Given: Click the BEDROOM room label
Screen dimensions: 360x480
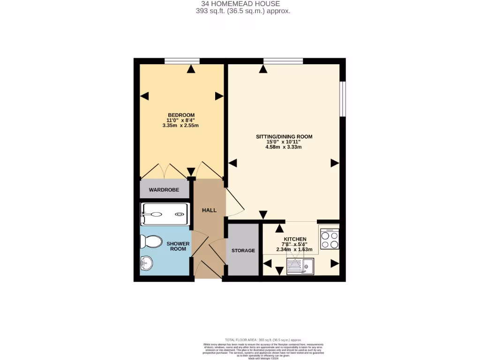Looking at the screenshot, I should pos(181,115).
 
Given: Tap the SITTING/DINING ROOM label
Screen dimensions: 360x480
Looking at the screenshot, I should pos(284,137).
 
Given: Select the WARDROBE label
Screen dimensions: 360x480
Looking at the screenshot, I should pos(165,190).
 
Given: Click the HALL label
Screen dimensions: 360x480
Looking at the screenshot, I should pos(209,210).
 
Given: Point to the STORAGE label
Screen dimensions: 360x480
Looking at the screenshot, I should pos(243,250).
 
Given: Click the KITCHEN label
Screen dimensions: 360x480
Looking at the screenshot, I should pos(295,239).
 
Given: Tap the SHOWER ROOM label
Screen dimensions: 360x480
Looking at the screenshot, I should pos(178,246).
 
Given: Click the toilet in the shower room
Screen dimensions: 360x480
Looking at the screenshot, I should pos(150,242).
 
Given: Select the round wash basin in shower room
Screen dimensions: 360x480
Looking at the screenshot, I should pos(146,263).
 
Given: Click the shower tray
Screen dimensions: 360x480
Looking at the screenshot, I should pos(165,214).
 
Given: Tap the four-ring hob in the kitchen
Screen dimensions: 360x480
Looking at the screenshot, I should pos(330,240).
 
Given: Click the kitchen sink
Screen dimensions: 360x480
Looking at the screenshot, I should pos(300,267).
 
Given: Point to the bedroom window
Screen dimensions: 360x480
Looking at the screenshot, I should pos(182,60).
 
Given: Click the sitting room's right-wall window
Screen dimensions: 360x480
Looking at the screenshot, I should pos(343,99).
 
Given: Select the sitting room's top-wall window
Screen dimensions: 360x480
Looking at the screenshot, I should pos(283,60).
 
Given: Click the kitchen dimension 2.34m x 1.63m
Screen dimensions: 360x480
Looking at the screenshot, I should pos(294,249).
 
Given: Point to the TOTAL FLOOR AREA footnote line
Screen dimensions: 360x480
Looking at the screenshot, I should pos(263,340).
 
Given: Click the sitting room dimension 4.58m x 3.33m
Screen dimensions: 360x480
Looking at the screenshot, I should pos(283,147).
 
